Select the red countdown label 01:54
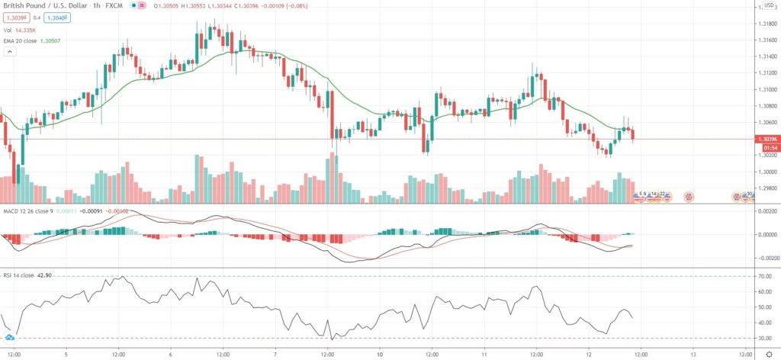click(765, 147)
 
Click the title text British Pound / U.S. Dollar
click(41, 5)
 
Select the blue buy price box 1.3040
click(56, 17)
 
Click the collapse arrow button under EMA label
click(10, 51)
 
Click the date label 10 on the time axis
click(380, 355)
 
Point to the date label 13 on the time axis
click(693, 355)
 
